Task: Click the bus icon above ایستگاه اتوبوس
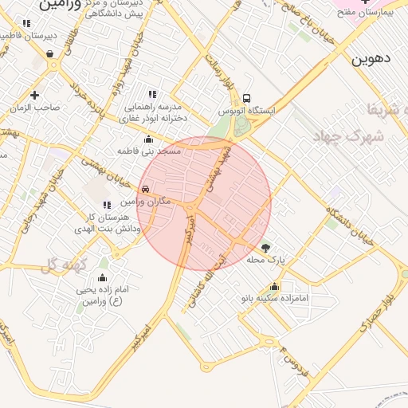pyautogui.click(x=246, y=95)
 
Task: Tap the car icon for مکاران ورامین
pyautogui.click(x=145, y=189)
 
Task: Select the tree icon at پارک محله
pyautogui.click(x=265, y=247)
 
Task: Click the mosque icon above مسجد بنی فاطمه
pyautogui.click(x=148, y=139)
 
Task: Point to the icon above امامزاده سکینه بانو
pyautogui.click(x=275, y=287)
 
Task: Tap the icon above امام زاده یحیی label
pyautogui.click(x=102, y=278)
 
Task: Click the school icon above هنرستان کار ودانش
pyautogui.click(x=107, y=206)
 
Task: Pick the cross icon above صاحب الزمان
pyautogui.click(x=34, y=95)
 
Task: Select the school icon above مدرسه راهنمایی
pyautogui.click(x=152, y=94)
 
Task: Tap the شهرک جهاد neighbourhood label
pyautogui.click(x=355, y=136)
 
